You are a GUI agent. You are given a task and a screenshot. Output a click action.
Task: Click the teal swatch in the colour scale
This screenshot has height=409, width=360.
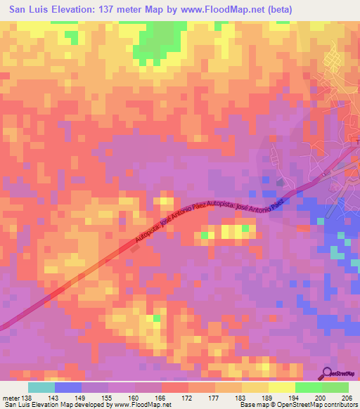pyautogui.click(x=41, y=387)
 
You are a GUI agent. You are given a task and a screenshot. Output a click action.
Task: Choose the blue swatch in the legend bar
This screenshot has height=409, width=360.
pyautogui.click(x=68, y=387)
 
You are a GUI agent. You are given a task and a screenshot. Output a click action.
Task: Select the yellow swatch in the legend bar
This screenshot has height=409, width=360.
pyautogui.click(x=281, y=387)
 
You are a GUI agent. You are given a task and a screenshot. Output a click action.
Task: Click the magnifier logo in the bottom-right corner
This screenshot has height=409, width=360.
pyautogui.click(x=328, y=374)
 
